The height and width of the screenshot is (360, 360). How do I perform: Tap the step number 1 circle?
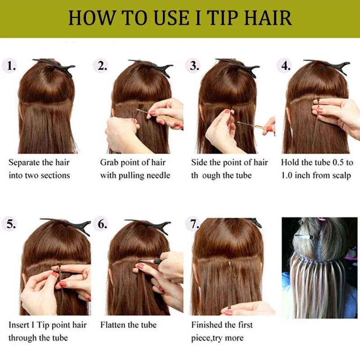coord(11,66)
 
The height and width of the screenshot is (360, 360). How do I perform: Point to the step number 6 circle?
coord(103,224)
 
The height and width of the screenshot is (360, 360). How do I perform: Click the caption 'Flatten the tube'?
coord(128,325)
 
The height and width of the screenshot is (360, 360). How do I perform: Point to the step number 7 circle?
coord(194,224)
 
